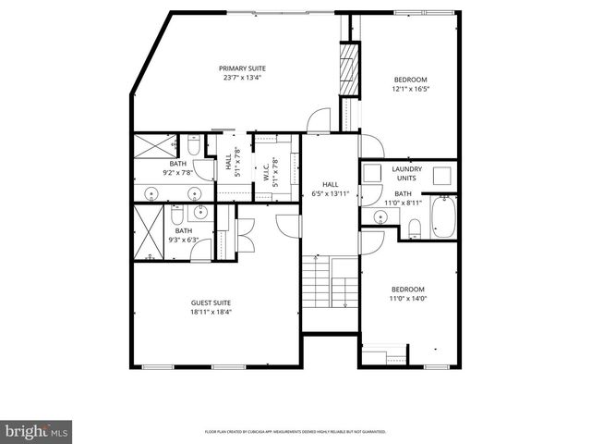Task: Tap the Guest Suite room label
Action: click(211, 303)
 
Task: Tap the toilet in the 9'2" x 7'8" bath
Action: click(194, 146)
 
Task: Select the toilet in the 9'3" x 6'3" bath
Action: click(176, 216)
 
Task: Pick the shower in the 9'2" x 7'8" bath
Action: click(154, 146)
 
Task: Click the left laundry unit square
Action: click(372, 175)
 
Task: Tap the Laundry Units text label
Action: click(407, 174)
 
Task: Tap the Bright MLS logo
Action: click(37, 431)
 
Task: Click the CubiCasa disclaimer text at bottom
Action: click(295, 432)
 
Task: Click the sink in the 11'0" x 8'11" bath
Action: click(380, 218)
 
